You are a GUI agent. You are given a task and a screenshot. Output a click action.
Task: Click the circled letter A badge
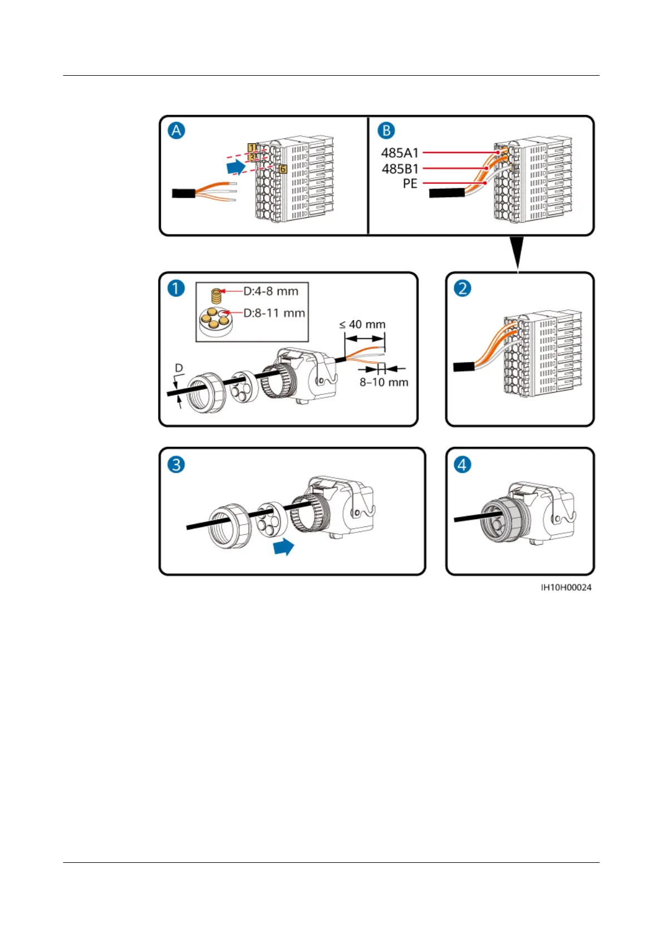pyautogui.click(x=176, y=131)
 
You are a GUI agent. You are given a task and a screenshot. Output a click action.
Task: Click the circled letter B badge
pyautogui.click(x=386, y=131)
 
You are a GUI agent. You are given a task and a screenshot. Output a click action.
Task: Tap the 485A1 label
pyautogui.click(x=400, y=153)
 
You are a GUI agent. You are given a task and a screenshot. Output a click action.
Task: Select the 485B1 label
pyautogui.click(x=400, y=168)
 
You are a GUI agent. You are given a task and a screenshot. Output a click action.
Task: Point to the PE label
pyautogui.click(x=410, y=183)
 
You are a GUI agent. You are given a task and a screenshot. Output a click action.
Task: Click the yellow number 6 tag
pyautogui.click(x=283, y=169)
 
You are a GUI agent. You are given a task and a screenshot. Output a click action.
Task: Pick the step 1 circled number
pyautogui.click(x=176, y=289)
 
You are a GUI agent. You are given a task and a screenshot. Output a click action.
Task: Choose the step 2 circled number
pyautogui.click(x=463, y=289)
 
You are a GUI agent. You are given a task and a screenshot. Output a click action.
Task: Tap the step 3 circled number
pyautogui.click(x=176, y=465)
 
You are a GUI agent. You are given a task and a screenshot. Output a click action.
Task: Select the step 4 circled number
pyautogui.click(x=463, y=465)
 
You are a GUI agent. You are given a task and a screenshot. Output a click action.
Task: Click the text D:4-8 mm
pyautogui.click(x=271, y=291)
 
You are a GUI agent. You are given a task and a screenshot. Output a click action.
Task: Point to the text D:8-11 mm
pyautogui.click(x=274, y=313)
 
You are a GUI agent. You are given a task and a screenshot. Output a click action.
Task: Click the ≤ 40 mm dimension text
pyautogui.click(x=362, y=324)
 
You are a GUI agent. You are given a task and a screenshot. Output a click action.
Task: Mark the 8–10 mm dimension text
pyautogui.click(x=384, y=382)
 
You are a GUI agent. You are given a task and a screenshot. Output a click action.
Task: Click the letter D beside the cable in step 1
pyautogui.click(x=179, y=368)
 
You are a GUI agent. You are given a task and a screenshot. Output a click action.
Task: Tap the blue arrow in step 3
pyautogui.click(x=284, y=547)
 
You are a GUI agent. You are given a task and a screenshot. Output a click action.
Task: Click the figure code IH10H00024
pyautogui.click(x=566, y=588)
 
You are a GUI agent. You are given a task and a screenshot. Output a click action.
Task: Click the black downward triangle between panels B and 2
pyautogui.click(x=518, y=254)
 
